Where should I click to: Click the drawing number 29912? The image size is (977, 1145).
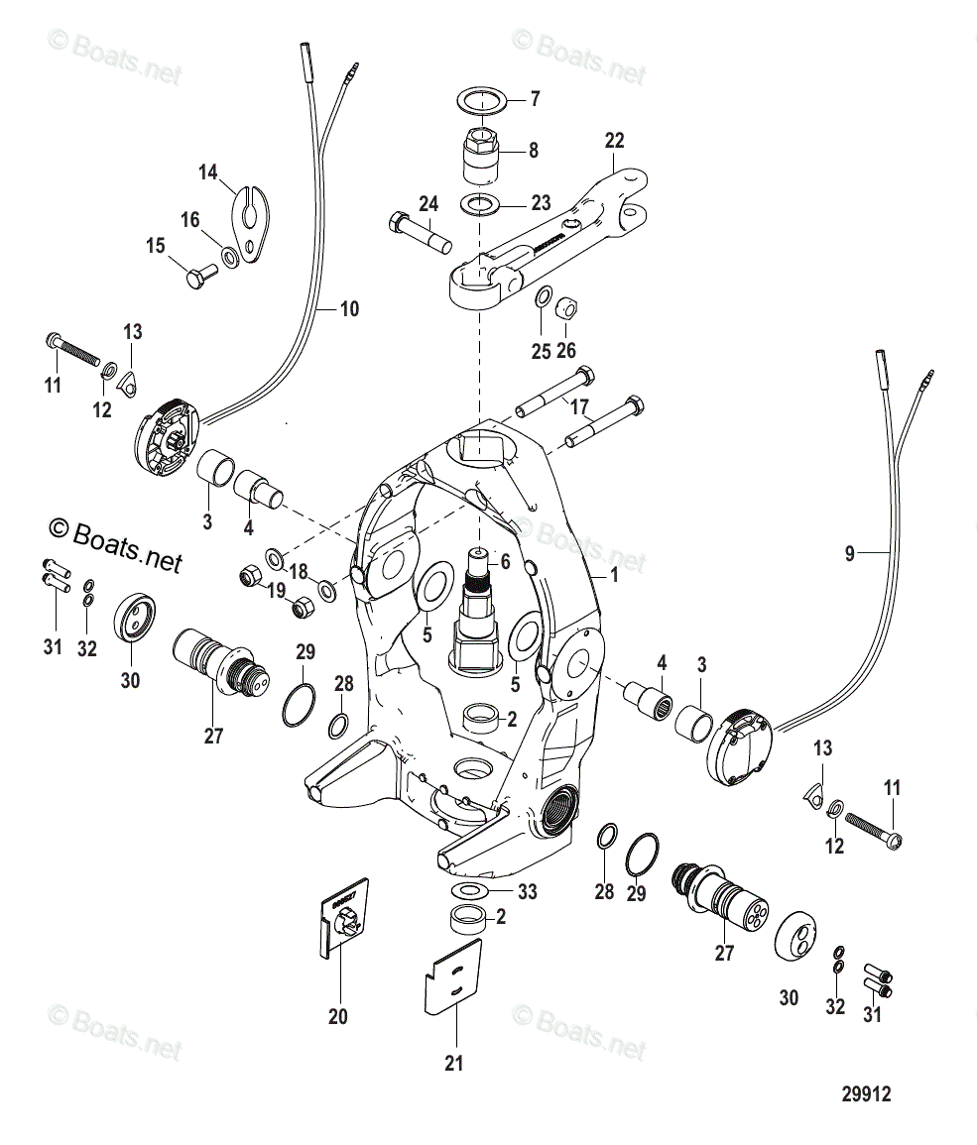click(x=866, y=1094)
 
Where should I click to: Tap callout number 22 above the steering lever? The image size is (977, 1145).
click(x=615, y=141)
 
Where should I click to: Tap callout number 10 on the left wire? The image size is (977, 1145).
click(x=348, y=309)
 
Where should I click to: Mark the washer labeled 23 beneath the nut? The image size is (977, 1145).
click(x=481, y=205)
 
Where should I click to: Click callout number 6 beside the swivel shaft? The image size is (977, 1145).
click(x=504, y=562)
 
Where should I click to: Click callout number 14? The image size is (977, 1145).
click(x=207, y=172)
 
